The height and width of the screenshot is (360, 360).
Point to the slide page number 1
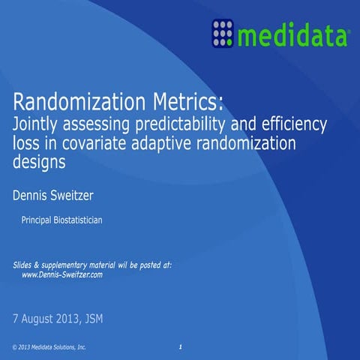(181, 346)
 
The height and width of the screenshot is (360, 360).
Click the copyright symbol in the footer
(16, 348)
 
